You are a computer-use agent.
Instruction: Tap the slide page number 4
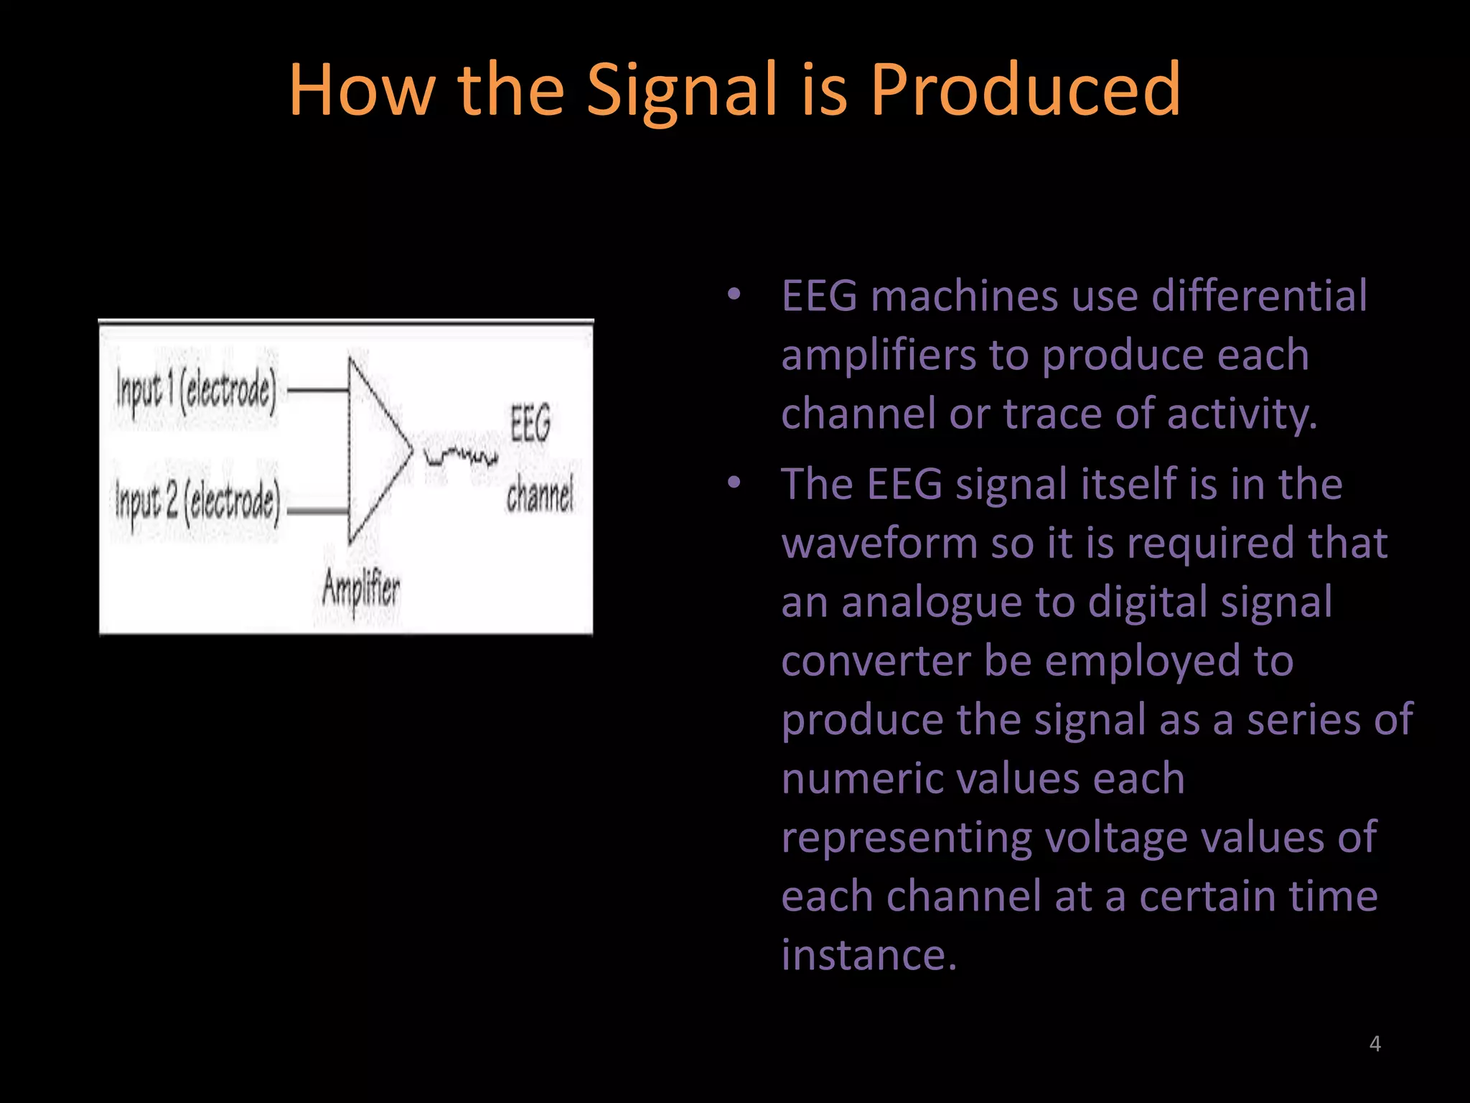pos(1375,1043)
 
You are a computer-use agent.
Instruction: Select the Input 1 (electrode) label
pos(196,391)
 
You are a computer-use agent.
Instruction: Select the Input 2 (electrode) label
pos(197,501)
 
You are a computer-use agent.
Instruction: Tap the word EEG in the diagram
pos(530,423)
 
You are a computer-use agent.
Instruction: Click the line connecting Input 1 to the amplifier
pos(318,391)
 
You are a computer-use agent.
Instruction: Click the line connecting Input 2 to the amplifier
pos(318,511)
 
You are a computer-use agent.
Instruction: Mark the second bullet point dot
pos(733,483)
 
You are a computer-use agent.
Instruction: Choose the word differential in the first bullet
pos(1259,296)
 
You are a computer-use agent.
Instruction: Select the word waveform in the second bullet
pos(879,543)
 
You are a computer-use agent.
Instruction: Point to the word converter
pos(876,661)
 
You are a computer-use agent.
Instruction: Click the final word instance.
pos(869,955)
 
